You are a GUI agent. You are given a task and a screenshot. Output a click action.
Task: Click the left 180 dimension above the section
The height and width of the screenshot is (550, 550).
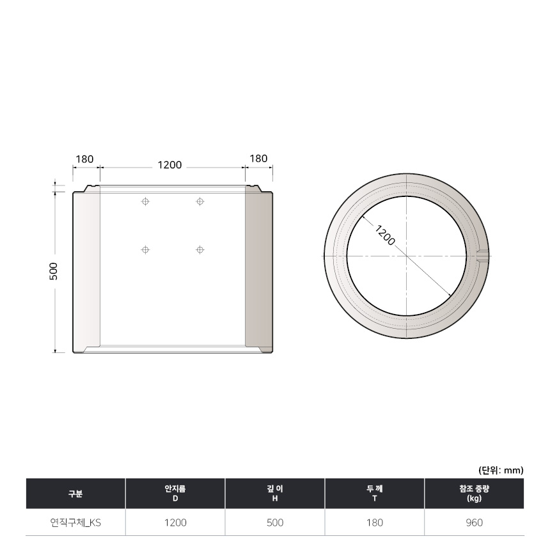coord(85,159)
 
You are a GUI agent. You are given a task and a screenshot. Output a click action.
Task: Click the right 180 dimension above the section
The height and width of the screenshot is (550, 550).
coord(258,159)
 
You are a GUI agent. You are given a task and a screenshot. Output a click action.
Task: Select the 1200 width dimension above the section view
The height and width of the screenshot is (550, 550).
coord(169,165)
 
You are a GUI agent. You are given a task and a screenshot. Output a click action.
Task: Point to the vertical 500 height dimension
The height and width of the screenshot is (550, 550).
coord(53,271)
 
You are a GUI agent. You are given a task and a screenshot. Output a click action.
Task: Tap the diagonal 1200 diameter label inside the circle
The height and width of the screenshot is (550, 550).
coord(385,235)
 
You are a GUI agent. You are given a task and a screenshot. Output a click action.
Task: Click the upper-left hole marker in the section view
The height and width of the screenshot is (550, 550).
coord(145,201)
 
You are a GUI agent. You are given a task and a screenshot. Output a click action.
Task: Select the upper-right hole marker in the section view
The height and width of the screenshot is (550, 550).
coord(200,201)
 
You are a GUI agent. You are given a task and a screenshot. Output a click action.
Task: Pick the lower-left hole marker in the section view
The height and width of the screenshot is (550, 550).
coord(145,250)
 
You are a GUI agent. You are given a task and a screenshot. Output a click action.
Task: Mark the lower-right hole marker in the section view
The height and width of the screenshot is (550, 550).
coord(200,250)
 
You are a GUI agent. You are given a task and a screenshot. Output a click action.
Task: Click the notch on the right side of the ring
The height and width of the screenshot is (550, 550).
coord(483,255)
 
